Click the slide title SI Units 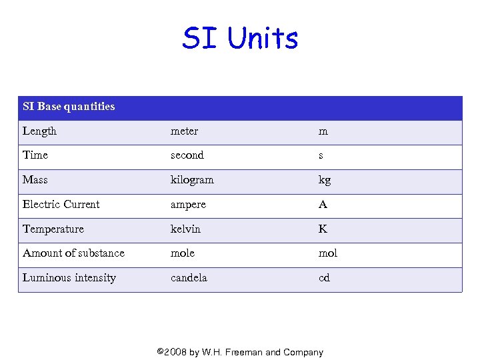(x=240, y=39)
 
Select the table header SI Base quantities (x=69, y=107)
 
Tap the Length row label (x=39, y=131)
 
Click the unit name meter (x=184, y=131)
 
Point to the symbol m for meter (x=323, y=132)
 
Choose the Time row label (x=35, y=155)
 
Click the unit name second (x=187, y=155)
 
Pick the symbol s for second (x=321, y=156)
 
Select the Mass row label (x=35, y=180)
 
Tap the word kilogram (x=192, y=180)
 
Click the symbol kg (x=324, y=181)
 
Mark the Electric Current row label (x=61, y=205)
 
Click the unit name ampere (x=188, y=205)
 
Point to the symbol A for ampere (x=323, y=205)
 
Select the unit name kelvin (x=185, y=229)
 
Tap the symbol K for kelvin (x=323, y=229)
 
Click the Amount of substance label (x=73, y=253)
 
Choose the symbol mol (x=327, y=253)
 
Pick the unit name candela (x=189, y=278)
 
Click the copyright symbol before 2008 (x=160, y=352)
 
